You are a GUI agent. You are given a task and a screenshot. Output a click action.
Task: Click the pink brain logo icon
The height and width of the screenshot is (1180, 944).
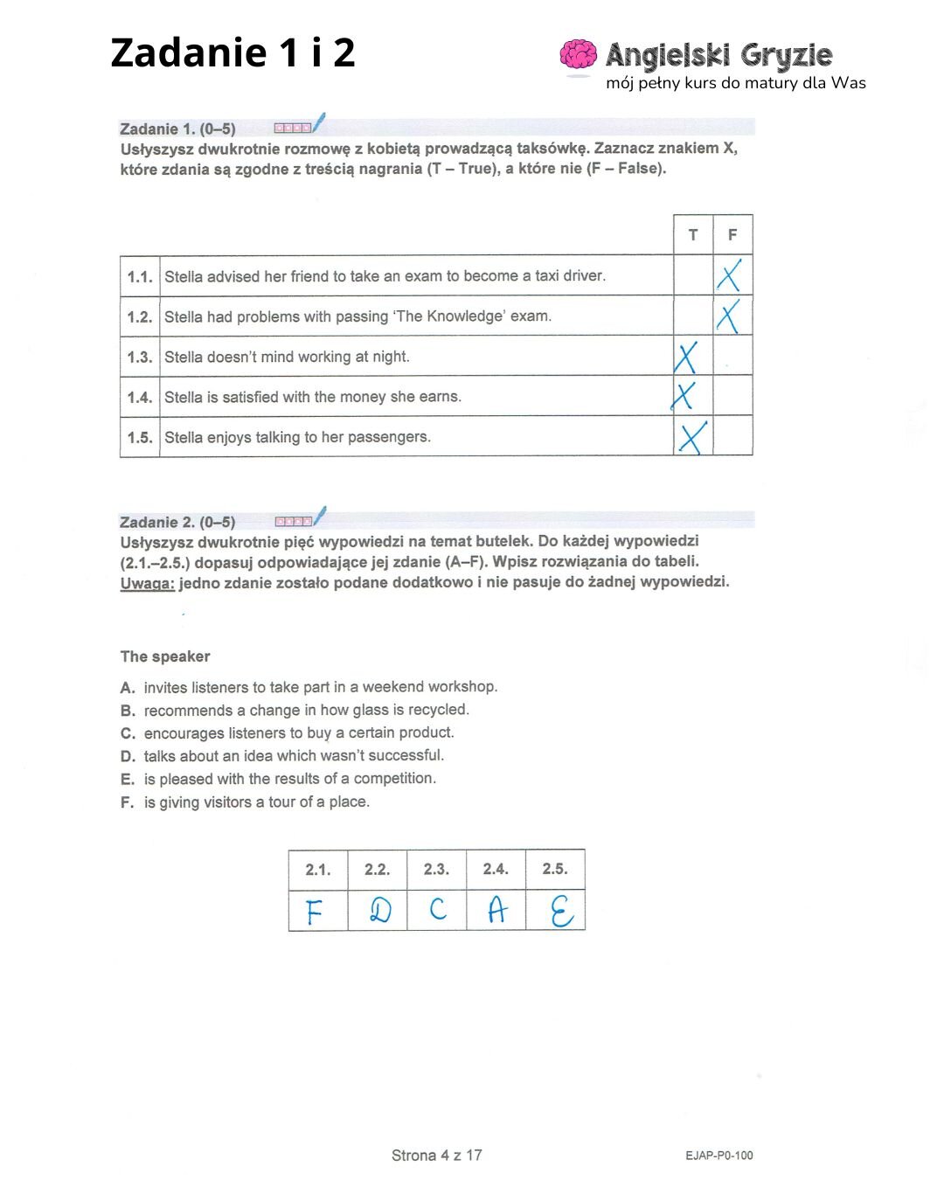(x=578, y=54)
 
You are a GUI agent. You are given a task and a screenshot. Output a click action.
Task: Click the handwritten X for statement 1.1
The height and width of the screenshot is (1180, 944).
(x=729, y=275)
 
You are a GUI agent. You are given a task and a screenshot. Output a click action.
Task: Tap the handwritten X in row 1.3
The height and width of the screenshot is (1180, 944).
(x=686, y=357)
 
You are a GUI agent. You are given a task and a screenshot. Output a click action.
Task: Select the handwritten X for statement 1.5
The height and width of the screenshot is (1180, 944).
(x=692, y=437)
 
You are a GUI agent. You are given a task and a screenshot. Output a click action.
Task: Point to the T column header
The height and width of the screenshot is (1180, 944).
(x=693, y=235)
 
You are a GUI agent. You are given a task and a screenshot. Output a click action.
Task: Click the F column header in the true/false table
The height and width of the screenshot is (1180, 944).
(x=732, y=235)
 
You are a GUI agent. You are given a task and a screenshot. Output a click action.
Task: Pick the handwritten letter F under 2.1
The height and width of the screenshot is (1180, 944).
(x=315, y=912)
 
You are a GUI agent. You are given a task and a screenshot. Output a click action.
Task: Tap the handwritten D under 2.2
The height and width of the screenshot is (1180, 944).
(x=379, y=911)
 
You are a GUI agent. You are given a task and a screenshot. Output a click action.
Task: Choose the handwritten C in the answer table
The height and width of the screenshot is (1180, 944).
(x=438, y=910)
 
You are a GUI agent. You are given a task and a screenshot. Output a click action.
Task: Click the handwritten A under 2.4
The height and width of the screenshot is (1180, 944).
(x=496, y=911)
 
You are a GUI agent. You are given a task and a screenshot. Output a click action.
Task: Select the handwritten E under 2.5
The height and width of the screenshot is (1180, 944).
(x=561, y=912)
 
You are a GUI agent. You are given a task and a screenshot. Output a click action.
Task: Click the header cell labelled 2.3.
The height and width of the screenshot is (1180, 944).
(x=436, y=869)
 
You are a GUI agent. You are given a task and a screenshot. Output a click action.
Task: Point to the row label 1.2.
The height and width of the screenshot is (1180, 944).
(x=140, y=317)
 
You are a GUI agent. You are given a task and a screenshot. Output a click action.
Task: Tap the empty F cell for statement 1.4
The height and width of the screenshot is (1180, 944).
(x=732, y=396)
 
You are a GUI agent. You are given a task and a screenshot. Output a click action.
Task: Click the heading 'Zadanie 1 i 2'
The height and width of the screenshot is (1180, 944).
(x=233, y=52)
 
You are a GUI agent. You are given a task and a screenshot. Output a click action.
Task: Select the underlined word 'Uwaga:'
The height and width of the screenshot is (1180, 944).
(x=147, y=583)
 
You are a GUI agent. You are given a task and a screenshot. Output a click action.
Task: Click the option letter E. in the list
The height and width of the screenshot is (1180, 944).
(x=128, y=779)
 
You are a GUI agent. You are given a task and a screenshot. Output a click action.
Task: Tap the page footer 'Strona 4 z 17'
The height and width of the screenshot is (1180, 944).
(x=436, y=1156)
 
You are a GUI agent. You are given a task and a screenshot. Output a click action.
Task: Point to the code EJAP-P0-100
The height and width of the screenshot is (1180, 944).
(x=718, y=1156)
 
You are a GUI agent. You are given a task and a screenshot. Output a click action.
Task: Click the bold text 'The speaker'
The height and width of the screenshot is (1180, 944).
(x=165, y=656)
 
